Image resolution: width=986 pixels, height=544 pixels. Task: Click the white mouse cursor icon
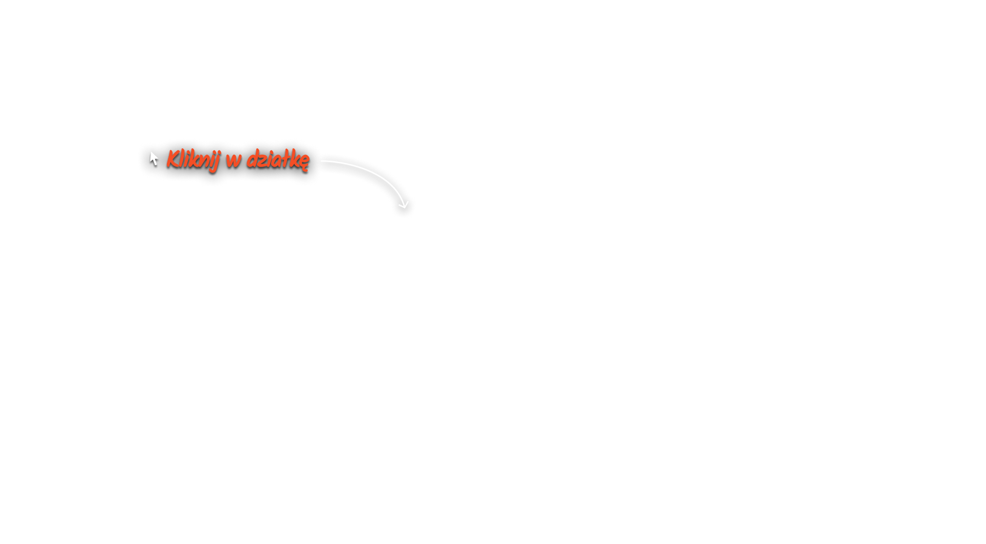(x=154, y=159)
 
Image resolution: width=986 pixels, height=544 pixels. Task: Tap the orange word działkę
(x=278, y=159)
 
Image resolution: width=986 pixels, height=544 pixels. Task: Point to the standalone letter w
(x=233, y=160)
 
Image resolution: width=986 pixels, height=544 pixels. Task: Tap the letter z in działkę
(x=262, y=161)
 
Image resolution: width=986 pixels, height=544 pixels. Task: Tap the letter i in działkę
(x=268, y=160)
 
